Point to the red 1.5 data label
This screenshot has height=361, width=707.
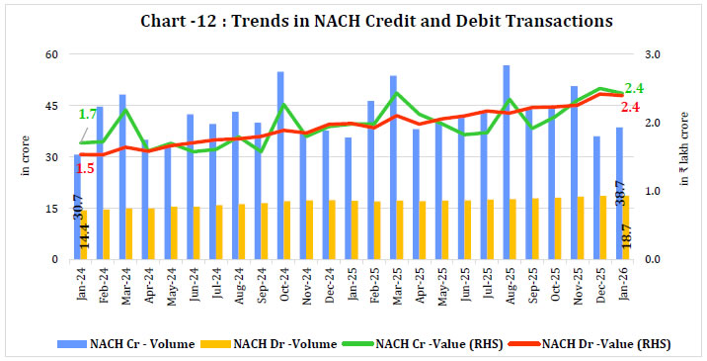coord(85,168)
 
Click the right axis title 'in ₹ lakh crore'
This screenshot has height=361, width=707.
coord(686,158)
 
